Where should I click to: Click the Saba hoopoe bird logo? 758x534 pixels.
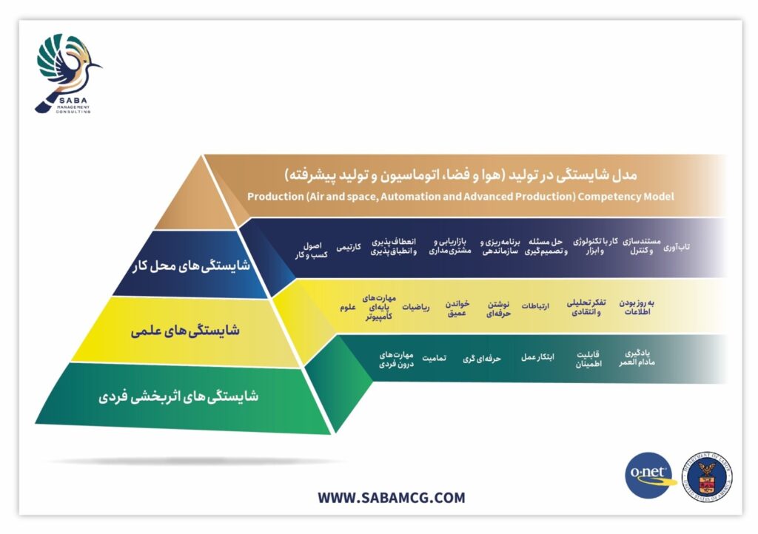[68, 73]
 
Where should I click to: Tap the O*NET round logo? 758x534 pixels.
[650, 475]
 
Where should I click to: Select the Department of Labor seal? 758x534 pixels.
[707, 476]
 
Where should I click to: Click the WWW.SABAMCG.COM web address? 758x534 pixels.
[391, 497]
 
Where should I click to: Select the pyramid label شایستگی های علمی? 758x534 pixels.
[185, 331]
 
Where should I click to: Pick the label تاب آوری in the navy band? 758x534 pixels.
[676, 247]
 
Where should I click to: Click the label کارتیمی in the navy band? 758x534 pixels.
[349, 247]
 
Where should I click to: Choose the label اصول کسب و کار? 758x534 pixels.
[312, 250]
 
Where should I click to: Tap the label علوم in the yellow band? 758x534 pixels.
[348, 307]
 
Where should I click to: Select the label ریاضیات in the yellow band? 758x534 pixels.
[416, 307]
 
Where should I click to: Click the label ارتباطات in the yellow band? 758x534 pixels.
[535, 306]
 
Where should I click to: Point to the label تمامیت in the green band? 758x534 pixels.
[434, 358]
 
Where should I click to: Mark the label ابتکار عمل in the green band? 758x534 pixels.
[537, 357]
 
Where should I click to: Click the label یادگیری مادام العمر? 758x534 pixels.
[637, 358]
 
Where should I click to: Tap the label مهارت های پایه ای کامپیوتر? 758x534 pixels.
[379, 308]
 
